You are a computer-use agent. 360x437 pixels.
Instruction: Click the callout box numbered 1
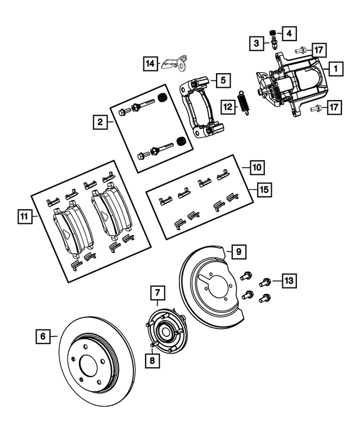coord(334,70)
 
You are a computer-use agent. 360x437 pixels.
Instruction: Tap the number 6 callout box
coord(42,337)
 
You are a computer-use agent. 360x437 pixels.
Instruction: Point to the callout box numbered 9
coord(238,251)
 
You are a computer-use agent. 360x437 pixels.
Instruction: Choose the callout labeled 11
coord(23,216)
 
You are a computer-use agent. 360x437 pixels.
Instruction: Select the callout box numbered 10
coord(256,167)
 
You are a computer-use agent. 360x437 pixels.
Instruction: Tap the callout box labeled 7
coord(157,292)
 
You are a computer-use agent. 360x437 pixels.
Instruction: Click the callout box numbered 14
coord(150,64)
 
